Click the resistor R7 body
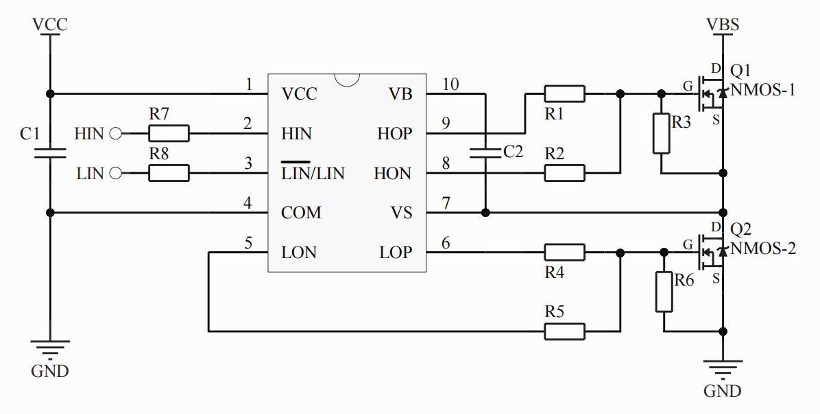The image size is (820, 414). coord(169,133)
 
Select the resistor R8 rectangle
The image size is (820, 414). coord(169,173)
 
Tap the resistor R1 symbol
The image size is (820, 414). coord(564,93)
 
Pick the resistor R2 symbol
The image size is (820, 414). coord(564,173)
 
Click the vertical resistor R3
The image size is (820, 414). coord(661,133)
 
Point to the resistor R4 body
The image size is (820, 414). coord(564,253)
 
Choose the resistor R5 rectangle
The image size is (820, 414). coord(564,332)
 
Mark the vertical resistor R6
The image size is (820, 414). coord(664,292)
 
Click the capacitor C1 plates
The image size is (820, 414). coord(49,152)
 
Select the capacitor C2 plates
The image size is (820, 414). coord(485,152)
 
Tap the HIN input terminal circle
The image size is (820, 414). coord(115,133)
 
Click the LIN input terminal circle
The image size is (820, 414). coord(115,173)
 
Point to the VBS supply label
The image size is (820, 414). coord(723,25)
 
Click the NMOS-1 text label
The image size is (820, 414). coord(763,89)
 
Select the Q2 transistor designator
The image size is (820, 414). coord(740,229)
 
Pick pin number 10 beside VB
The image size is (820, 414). coord(450,84)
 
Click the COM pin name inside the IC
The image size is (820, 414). coord(301,213)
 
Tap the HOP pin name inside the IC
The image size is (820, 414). coord(394,134)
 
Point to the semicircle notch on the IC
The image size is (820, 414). coord(347,79)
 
